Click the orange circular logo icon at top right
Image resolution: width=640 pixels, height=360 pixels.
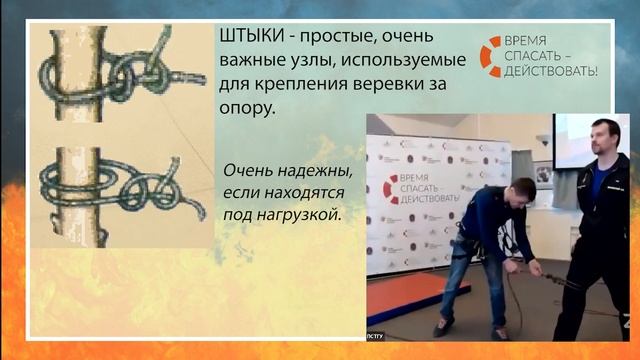click(x=491, y=56)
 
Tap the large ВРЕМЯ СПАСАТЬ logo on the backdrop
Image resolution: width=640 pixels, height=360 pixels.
click(x=420, y=188)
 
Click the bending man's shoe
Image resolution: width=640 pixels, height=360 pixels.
click(x=442, y=327)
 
